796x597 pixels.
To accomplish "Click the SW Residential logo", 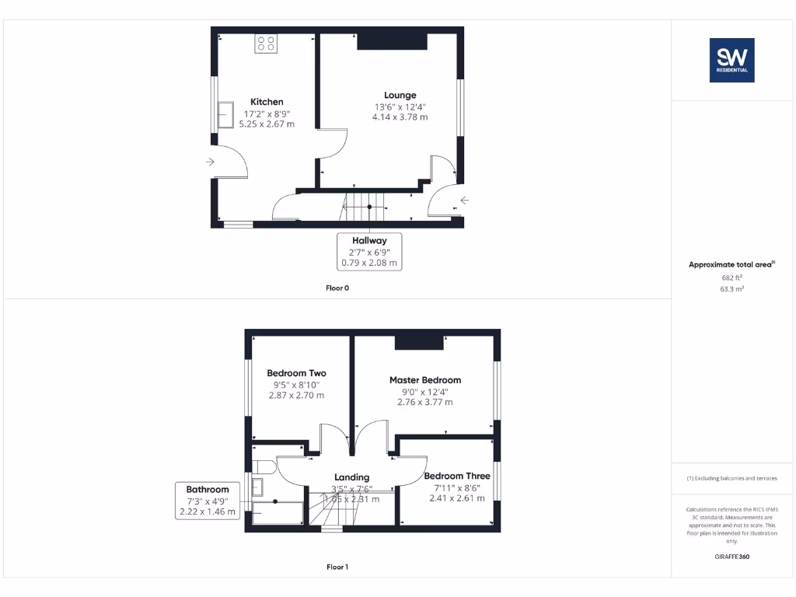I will (x=731, y=61).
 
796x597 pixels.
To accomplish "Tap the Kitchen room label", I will (x=267, y=102).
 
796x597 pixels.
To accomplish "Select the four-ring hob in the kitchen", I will (x=266, y=44).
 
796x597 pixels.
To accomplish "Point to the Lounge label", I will (x=400, y=96).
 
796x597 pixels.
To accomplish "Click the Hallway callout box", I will (x=369, y=252).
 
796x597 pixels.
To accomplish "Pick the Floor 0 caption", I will (x=337, y=288).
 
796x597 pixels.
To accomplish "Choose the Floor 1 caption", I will (x=337, y=567).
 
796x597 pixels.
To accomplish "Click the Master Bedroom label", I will (x=425, y=380).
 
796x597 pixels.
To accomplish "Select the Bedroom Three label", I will (x=457, y=476).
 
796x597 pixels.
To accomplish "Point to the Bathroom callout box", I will (x=208, y=501).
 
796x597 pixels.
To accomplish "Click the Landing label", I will (x=352, y=477).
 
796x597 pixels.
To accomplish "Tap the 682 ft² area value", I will (x=731, y=278).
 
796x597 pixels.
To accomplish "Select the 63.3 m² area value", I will (x=731, y=288).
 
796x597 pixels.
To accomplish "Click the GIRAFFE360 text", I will (x=731, y=557).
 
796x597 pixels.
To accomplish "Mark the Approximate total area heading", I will (x=731, y=265).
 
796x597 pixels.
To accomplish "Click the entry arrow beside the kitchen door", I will (x=211, y=162).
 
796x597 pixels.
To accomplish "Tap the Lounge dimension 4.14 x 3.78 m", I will (x=400, y=117).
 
